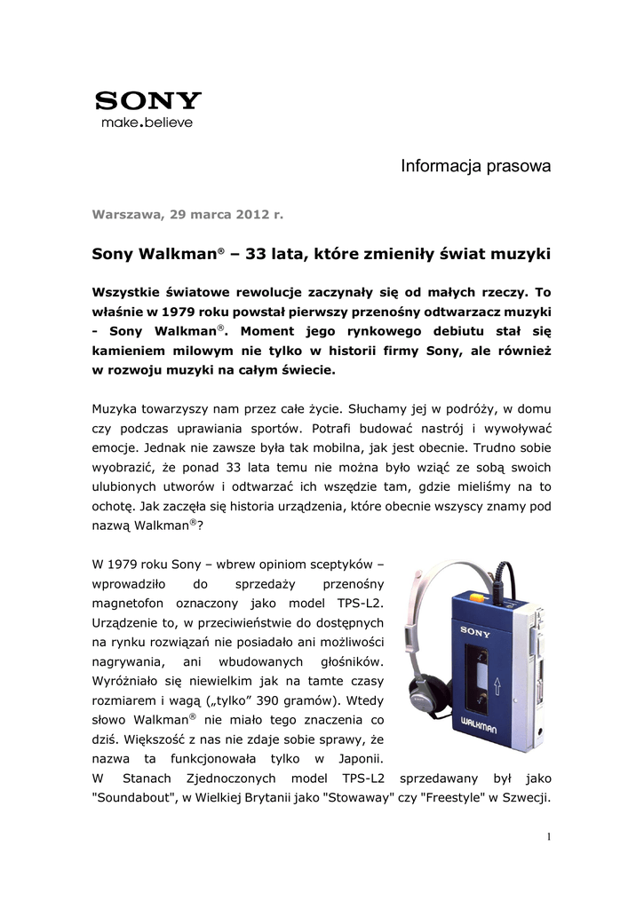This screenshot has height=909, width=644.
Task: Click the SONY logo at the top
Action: coord(147,100)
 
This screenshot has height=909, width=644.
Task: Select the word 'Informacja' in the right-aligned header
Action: coord(437,166)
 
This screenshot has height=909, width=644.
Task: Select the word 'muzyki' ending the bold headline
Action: coord(520,255)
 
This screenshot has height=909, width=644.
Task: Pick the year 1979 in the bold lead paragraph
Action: coord(171,313)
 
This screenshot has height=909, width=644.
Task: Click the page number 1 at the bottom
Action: coord(549,837)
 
